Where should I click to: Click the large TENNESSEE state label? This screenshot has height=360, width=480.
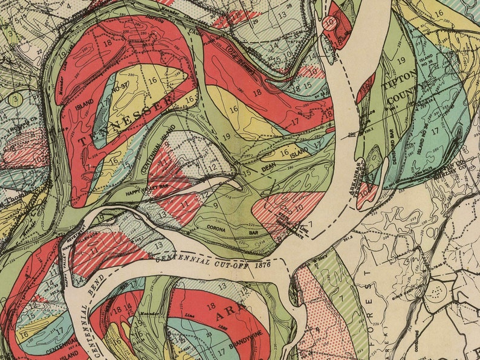(x=124, y=120)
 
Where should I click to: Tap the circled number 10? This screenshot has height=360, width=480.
(x=329, y=24)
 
